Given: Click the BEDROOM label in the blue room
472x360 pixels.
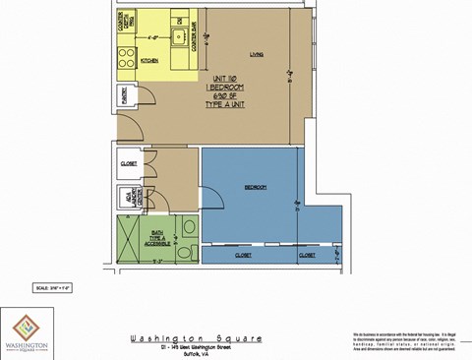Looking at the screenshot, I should [x=255, y=187].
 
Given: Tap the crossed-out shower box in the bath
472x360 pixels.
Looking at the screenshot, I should [x=130, y=240].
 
